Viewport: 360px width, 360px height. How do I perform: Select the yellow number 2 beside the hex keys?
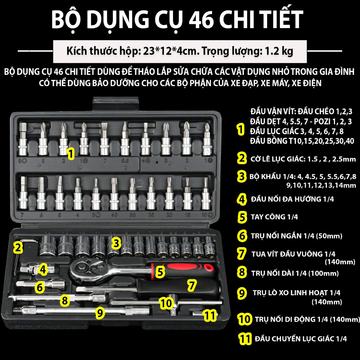point(18,247)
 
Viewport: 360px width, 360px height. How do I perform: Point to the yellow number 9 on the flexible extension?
point(100,312)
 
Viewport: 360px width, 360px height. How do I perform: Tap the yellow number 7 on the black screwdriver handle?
point(192,285)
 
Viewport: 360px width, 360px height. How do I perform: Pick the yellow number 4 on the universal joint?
point(43,269)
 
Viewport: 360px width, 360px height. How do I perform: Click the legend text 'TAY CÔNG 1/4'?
point(274,217)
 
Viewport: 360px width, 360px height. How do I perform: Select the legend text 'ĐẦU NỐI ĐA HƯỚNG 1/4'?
point(292,199)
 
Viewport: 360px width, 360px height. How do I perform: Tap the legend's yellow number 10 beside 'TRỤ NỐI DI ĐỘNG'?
point(245,319)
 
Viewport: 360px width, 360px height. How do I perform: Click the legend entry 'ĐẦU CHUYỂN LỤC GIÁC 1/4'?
point(301,339)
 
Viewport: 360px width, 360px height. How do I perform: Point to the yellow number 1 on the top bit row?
point(71,153)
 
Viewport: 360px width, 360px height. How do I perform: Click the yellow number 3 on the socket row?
point(116,243)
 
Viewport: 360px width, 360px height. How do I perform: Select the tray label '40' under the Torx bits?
point(114,215)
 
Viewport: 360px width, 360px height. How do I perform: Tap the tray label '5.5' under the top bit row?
point(125,160)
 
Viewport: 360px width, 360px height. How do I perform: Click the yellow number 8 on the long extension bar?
point(65,300)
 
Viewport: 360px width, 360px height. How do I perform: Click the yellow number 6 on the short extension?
point(40,287)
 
